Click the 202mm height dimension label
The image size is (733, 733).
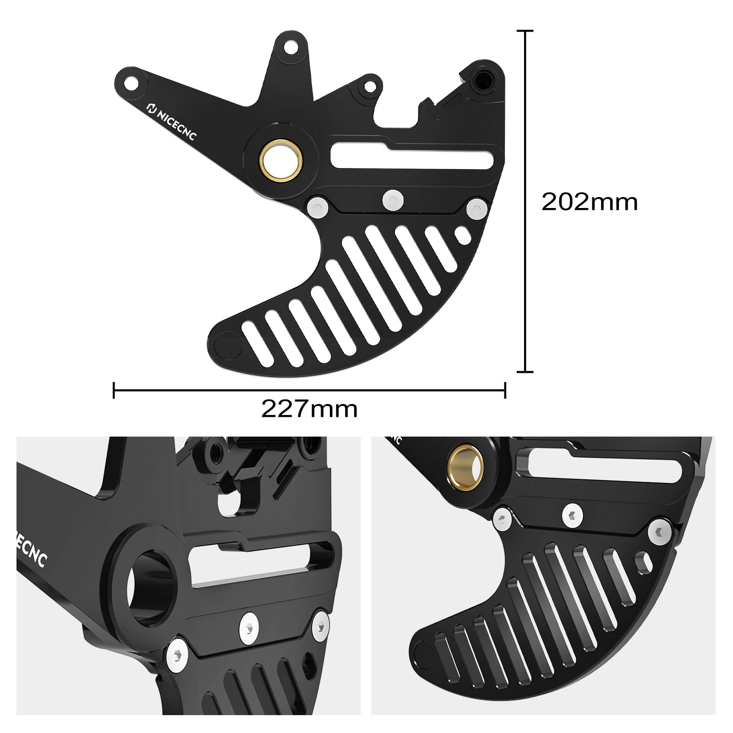pyautogui.click(x=589, y=202)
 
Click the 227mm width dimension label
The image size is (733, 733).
pyautogui.click(x=309, y=409)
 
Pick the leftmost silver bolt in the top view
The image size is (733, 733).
pyautogui.click(x=318, y=207)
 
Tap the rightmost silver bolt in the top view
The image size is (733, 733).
pyautogui.click(x=477, y=209)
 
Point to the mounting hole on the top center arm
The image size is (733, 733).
pyautogui.click(x=289, y=48)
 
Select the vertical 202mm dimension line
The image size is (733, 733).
pyautogui.click(x=525, y=202)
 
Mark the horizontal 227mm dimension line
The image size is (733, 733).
pyautogui.click(x=309, y=390)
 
